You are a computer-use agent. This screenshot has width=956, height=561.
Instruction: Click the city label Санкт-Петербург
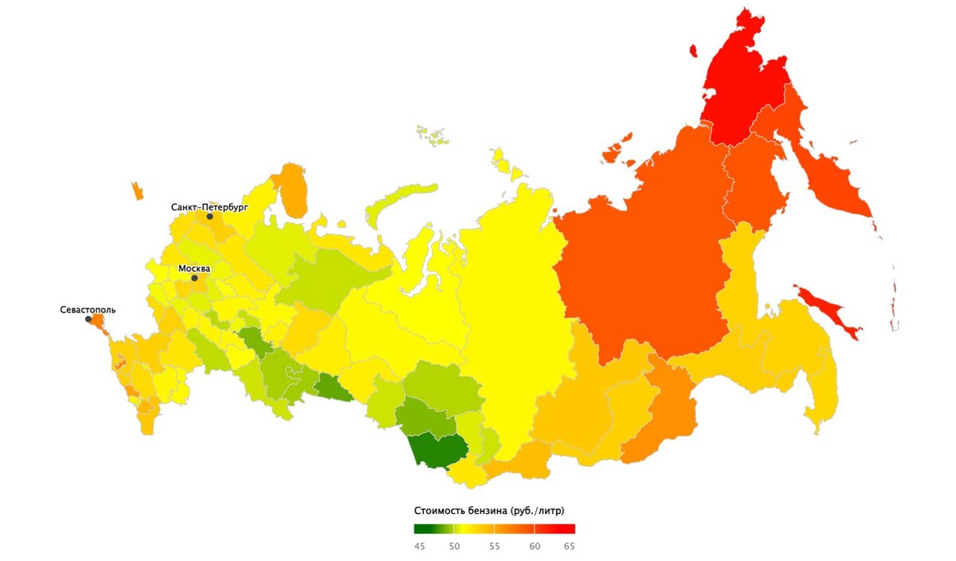click(x=210, y=206)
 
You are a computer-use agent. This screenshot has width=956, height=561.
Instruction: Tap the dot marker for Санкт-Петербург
click(x=210, y=216)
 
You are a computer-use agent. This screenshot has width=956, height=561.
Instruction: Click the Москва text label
click(x=194, y=269)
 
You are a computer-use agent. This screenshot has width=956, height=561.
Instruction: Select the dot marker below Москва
click(x=194, y=278)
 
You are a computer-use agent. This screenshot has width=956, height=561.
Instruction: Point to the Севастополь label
click(x=88, y=309)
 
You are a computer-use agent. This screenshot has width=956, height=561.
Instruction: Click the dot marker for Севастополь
click(x=88, y=319)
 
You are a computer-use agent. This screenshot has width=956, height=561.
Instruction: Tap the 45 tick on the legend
click(x=419, y=546)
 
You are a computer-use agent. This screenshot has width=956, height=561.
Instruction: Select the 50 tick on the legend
click(x=454, y=546)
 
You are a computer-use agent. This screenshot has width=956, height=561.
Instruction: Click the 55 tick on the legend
click(x=494, y=546)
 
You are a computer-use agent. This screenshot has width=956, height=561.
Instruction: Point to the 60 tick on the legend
click(x=535, y=546)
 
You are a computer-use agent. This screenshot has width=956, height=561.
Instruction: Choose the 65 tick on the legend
click(x=570, y=546)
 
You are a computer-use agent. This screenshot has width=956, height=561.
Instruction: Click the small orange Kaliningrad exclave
click(x=137, y=191)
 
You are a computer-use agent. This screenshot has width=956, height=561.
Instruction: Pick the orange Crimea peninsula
click(x=99, y=320)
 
